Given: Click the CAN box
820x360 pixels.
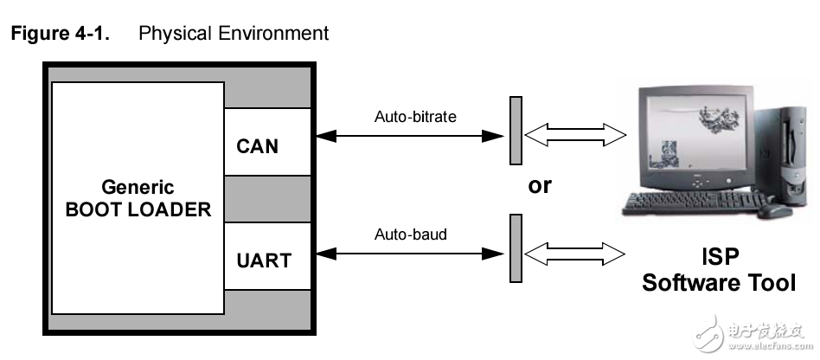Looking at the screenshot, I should pos(266,143).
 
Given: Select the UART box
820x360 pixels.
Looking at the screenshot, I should pos(266,257).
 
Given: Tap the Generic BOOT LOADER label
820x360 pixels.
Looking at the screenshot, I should pos(138,197).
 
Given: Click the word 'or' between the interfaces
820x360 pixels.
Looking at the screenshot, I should pos(540,185).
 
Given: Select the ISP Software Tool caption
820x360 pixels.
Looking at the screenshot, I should pos(718,270).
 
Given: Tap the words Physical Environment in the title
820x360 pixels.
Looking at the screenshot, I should pos(234,34).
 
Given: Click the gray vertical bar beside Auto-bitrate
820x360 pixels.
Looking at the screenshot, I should pos(516,130).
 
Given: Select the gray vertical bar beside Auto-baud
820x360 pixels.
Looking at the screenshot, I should pos(516,248).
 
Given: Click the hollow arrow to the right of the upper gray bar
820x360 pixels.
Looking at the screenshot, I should pos(575,134).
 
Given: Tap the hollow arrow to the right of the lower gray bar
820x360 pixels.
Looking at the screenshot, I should pos(575,254).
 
